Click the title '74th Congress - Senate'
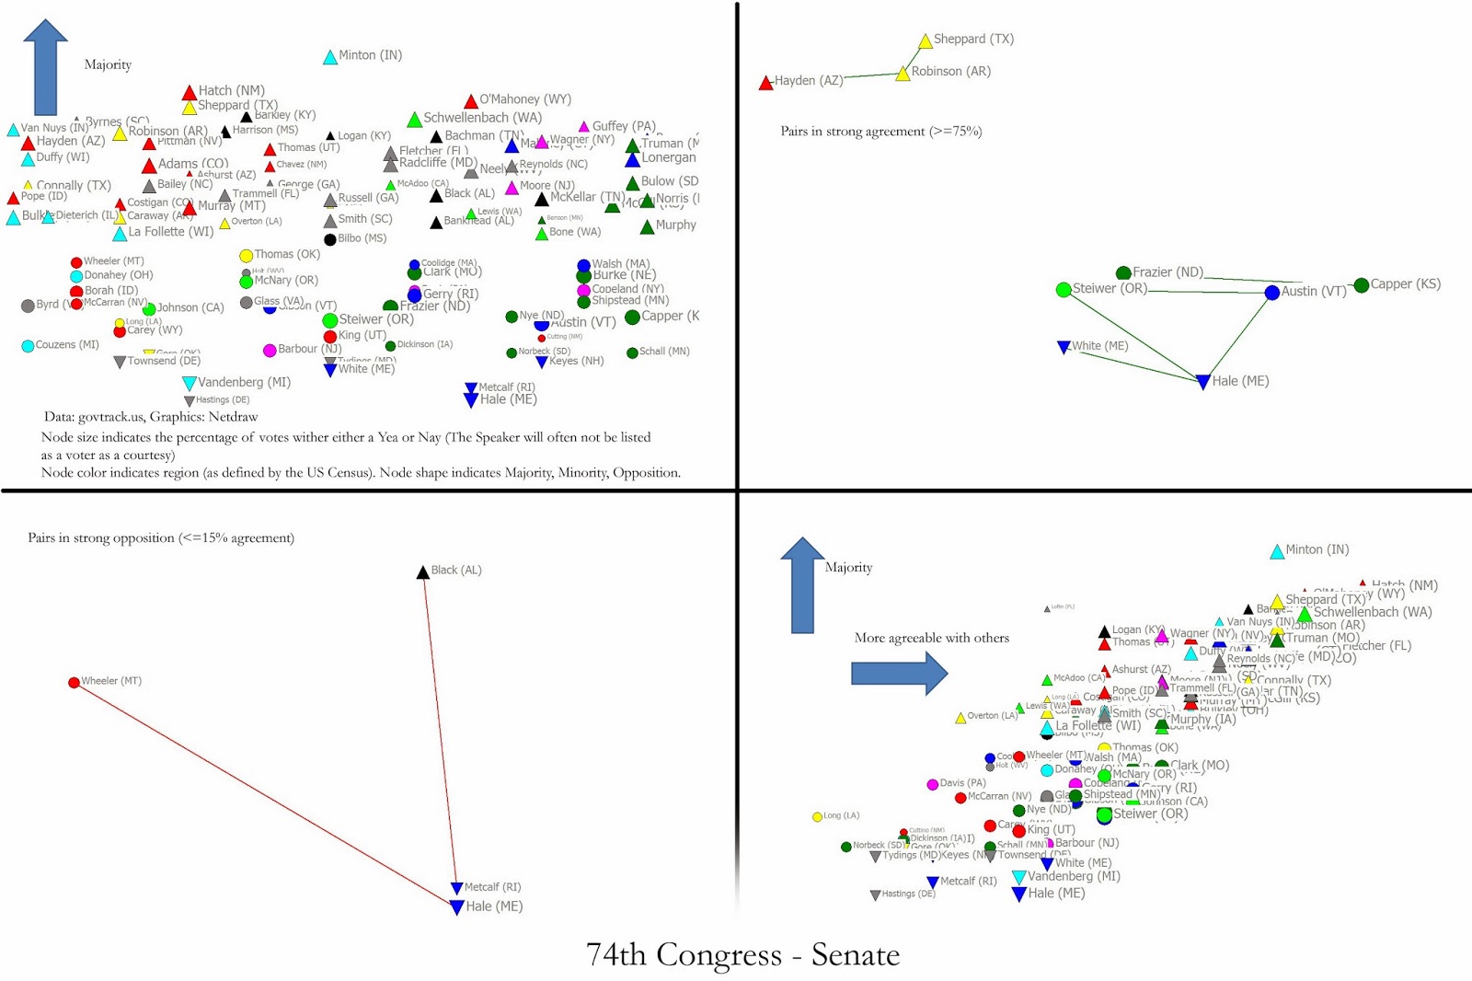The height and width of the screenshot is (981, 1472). point(742,954)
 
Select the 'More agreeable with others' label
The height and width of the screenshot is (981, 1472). point(931,638)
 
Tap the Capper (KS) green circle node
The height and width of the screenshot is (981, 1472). point(1362,285)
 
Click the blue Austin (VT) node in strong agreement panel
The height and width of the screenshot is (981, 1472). point(1271,293)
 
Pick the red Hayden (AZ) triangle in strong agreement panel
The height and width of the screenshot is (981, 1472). point(765,84)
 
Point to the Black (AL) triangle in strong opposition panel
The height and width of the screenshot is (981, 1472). point(423,572)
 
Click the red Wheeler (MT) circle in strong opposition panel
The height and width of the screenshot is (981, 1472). point(74,682)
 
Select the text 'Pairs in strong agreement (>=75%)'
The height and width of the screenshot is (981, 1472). point(880,132)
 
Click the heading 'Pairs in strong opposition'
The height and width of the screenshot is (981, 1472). point(161,537)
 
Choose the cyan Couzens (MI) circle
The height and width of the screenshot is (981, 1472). point(28,346)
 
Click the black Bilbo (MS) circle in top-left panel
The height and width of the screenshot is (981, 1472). point(330,240)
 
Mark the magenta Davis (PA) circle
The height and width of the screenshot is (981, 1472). point(932,784)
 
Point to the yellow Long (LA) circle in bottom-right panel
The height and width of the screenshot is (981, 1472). point(817,816)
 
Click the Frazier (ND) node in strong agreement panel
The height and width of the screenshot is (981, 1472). point(1123,273)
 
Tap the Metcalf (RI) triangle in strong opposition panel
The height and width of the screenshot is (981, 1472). point(456,888)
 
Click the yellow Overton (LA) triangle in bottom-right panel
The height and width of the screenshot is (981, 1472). point(960,718)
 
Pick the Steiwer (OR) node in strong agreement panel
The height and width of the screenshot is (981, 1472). point(1064,290)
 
